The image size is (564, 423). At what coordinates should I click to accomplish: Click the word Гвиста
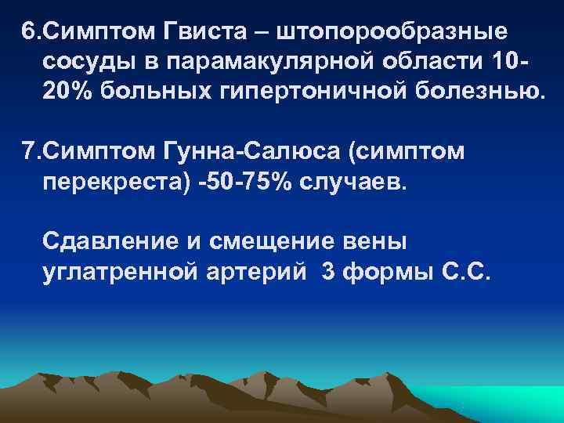[205, 34]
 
